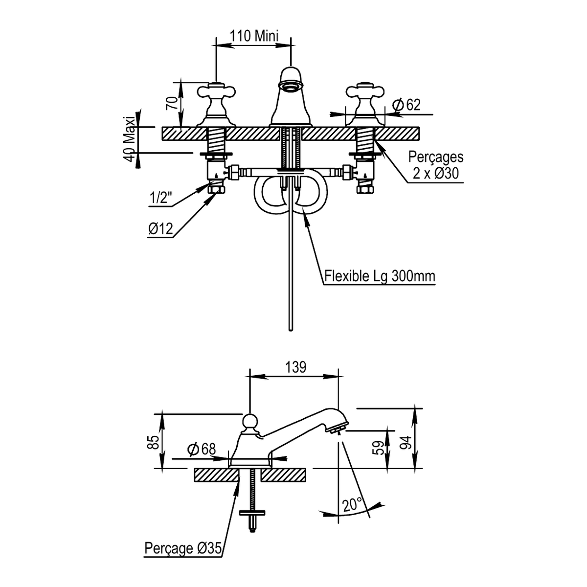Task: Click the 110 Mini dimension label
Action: pyautogui.click(x=254, y=36)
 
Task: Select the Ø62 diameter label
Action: pyautogui.click(x=406, y=105)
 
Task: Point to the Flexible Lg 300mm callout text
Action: pyautogui.click(x=380, y=276)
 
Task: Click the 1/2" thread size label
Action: pyautogui.click(x=160, y=199)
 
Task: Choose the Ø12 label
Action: pyautogui.click(x=160, y=229)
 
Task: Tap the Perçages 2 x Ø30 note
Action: pyautogui.click(x=436, y=165)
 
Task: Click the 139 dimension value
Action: pyautogui.click(x=296, y=367)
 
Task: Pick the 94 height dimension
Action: pyautogui.click(x=406, y=442)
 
